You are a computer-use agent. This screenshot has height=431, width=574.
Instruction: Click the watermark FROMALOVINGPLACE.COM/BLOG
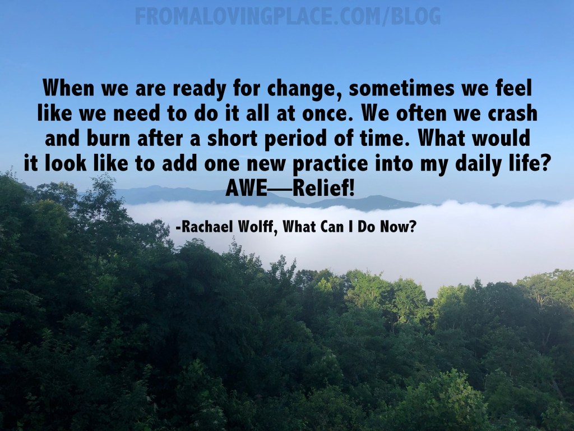click(x=287, y=16)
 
